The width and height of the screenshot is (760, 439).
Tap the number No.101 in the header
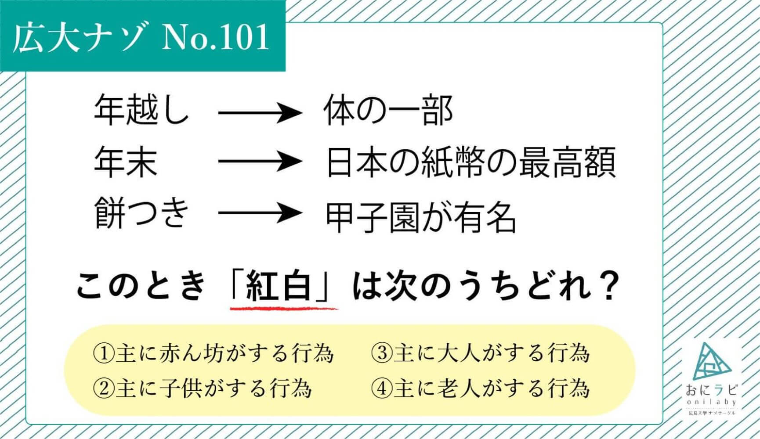216,37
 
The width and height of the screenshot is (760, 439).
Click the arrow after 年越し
260,113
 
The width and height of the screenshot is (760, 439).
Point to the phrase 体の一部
388,110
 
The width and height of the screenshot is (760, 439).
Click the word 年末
126,162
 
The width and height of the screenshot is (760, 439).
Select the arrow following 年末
260,162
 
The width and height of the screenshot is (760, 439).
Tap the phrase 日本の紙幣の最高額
470,162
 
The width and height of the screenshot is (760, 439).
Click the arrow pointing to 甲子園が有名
260,213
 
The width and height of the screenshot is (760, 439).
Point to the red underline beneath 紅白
284,308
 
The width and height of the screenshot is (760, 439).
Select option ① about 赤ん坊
213,353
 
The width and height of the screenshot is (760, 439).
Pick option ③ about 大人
480,353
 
